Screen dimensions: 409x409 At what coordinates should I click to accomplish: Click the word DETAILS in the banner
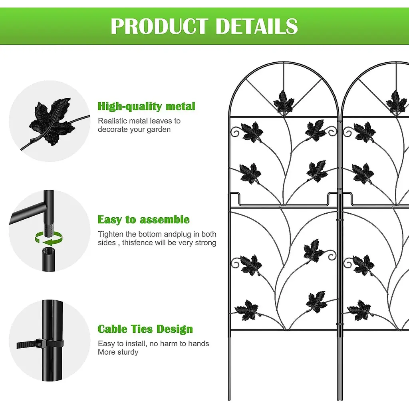[x=257, y=26]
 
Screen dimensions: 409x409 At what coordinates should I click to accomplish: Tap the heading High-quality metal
[x=146, y=106]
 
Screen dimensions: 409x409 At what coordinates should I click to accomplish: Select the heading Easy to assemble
[x=143, y=220]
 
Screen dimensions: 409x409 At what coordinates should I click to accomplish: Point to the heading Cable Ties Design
[x=145, y=329]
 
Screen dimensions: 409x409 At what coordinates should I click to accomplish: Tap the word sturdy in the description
[x=128, y=352]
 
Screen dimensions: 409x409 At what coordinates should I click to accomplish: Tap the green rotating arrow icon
[x=49, y=238]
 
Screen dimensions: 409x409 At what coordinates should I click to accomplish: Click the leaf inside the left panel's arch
[x=283, y=103]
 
